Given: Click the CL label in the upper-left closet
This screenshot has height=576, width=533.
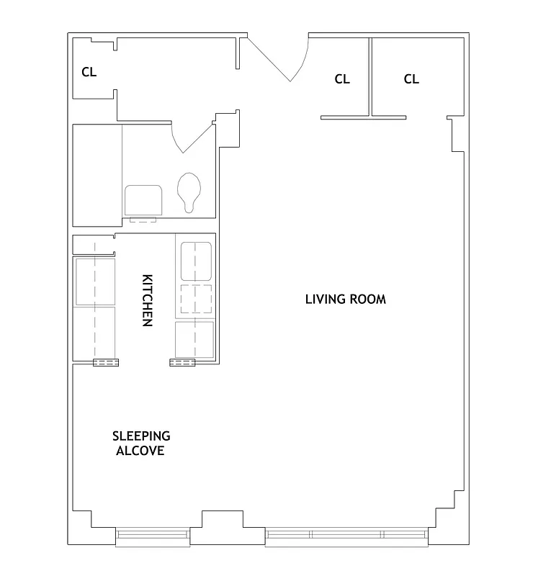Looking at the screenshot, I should point(89,72).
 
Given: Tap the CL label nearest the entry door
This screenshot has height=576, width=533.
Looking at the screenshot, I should point(342,79).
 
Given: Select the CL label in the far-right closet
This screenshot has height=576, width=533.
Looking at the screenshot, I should point(411,79).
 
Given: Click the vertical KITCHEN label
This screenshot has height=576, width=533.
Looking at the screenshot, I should point(147,300).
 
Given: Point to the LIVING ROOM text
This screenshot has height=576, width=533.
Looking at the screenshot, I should point(345,299).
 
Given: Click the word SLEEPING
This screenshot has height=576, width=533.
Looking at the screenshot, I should point(141,436).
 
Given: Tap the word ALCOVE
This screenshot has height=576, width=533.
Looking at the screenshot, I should point(140,451).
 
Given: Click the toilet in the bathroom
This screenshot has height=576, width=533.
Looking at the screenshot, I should point(189,192).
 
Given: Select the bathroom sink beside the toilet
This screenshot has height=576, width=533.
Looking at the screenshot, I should point(143,200).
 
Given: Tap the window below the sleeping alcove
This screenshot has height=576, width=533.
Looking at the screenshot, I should point(153,534).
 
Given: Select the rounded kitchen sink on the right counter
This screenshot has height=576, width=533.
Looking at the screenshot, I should point(195,261).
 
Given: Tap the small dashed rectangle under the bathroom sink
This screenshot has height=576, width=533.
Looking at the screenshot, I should point(143,219).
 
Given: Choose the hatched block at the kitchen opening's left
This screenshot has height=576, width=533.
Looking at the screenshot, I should point(106,362).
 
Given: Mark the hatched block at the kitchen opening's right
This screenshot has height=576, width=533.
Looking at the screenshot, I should point(182,362).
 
